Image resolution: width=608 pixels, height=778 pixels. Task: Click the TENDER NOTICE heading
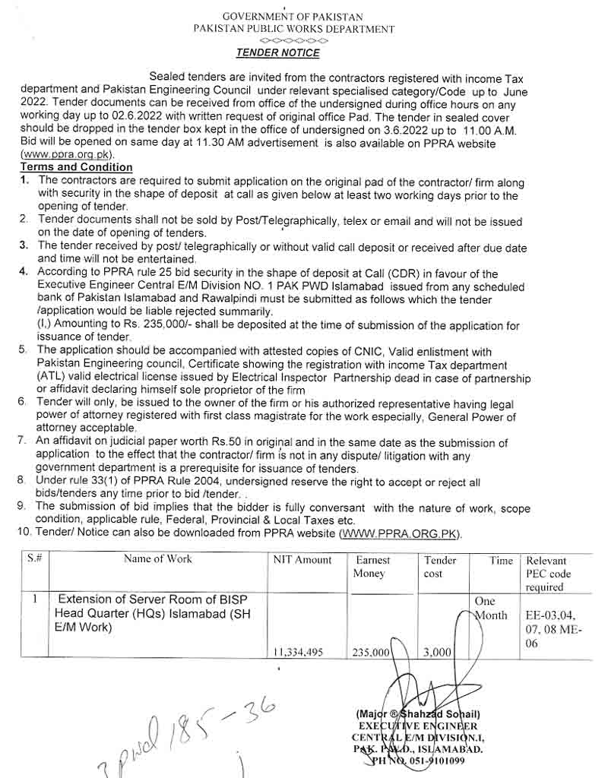tap(277, 53)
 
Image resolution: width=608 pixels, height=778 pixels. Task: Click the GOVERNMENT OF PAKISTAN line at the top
tap(293, 17)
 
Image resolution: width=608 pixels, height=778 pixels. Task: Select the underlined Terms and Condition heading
tap(76, 167)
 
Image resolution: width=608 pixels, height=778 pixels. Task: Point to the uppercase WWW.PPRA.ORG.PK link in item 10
tap(401, 534)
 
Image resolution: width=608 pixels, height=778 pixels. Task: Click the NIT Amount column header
tap(302, 560)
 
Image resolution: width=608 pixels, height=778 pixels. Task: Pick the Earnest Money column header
tap(373, 567)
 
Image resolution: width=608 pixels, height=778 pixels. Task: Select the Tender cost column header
tap(440, 567)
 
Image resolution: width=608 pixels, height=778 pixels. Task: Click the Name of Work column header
tap(158, 559)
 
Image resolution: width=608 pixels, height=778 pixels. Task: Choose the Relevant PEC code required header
tap(548, 574)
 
